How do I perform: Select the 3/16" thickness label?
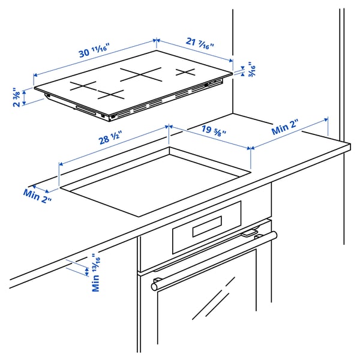[x=245, y=70]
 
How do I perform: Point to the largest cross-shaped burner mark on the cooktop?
[x=142, y=75]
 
